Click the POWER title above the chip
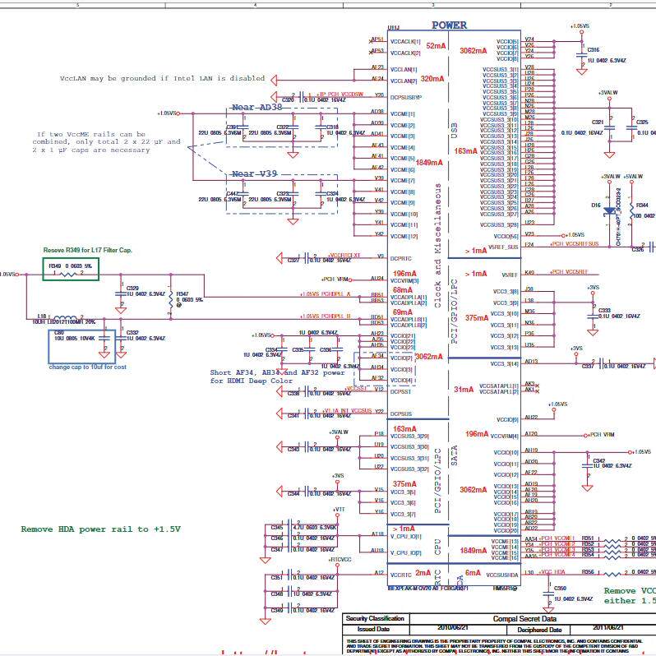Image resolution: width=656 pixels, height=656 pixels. pyautogui.click(x=449, y=25)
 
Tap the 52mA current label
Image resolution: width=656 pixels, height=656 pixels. pyautogui.click(x=436, y=46)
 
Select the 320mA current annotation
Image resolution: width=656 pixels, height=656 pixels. pyautogui.click(x=432, y=79)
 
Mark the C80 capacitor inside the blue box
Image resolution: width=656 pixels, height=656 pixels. pyautogui.click(x=58, y=333)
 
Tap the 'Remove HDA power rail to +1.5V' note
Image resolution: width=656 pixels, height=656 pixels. pyautogui.click(x=100, y=529)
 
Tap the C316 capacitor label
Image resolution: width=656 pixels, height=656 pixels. pyautogui.click(x=594, y=50)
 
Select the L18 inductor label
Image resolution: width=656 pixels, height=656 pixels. pyautogui.click(x=43, y=315)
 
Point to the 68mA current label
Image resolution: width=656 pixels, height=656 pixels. pyautogui.click(x=403, y=290)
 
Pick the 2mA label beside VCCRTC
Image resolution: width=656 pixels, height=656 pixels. pyautogui.click(x=423, y=573)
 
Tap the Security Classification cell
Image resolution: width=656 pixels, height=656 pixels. pyautogui.click(x=375, y=618)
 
